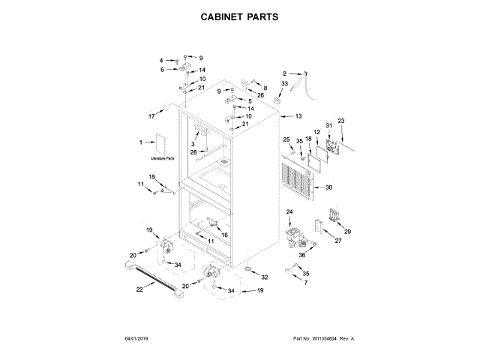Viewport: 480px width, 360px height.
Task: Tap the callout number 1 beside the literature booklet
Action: (x=140, y=142)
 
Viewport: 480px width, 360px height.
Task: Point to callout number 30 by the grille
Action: (x=328, y=187)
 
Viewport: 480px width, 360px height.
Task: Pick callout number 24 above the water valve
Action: (x=289, y=213)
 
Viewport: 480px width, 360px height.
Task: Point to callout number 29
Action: (x=347, y=232)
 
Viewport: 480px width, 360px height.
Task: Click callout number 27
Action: (x=337, y=241)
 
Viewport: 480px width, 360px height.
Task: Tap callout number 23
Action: (x=340, y=121)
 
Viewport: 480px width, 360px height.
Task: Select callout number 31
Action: (x=328, y=125)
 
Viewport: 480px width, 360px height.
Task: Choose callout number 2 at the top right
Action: (x=285, y=73)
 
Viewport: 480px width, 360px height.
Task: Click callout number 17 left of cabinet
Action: (x=151, y=116)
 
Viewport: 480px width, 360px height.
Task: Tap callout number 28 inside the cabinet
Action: (x=193, y=152)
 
